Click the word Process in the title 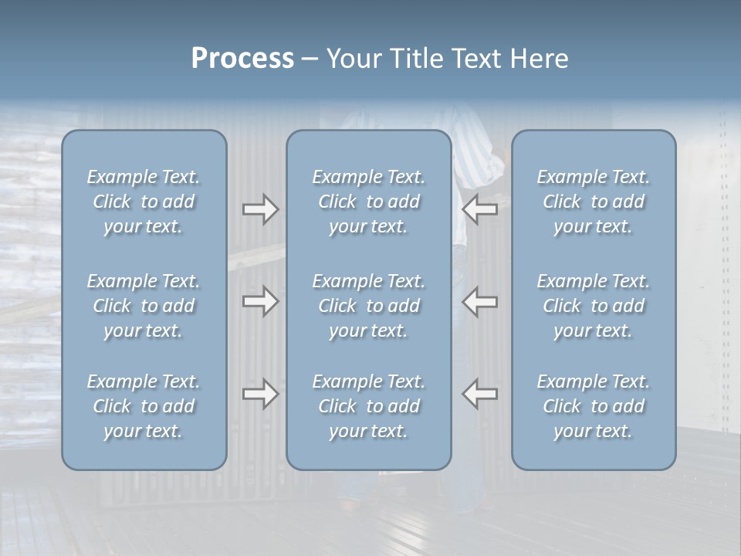242,59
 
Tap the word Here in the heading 540,59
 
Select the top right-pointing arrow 260,209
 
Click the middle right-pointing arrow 260,301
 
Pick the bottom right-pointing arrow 260,394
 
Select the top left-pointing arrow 480,209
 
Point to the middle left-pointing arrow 480,301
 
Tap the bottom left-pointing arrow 480,394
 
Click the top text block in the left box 144,202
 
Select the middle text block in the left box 144,306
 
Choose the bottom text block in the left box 144,406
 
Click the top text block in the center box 368,202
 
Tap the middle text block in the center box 368,306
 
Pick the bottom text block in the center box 368,406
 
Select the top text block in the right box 593,202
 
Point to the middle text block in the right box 593,306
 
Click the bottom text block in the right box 593,406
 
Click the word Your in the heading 351,59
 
